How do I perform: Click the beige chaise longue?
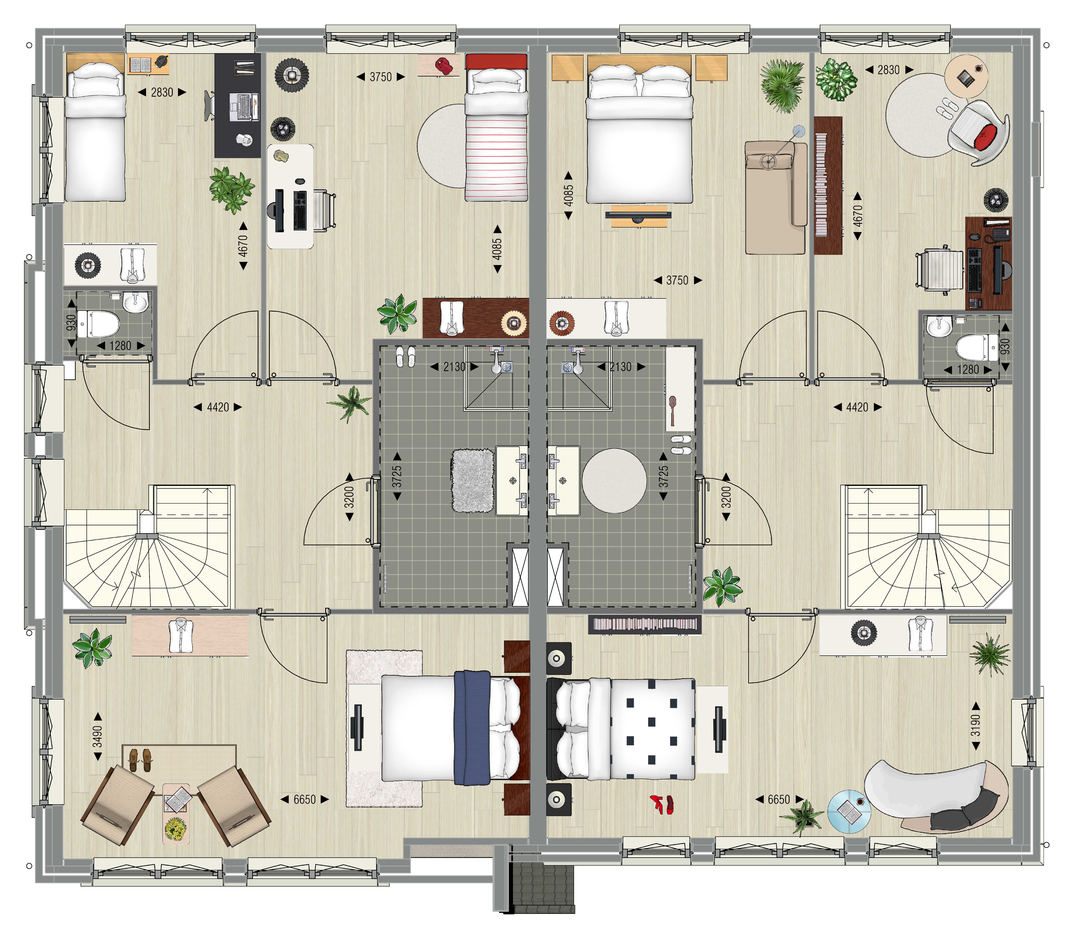(x=775, y=198)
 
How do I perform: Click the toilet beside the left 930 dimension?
(x=99, y=323)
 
